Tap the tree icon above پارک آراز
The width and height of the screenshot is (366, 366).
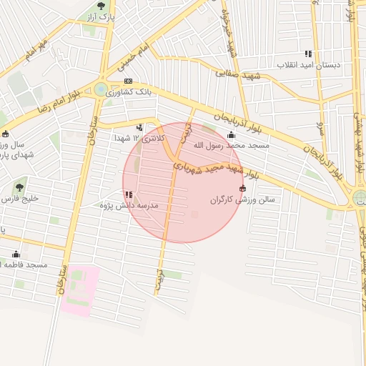pos(104,5)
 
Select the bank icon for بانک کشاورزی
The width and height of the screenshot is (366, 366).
pos(128,81)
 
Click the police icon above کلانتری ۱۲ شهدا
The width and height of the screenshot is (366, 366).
pos(139,128)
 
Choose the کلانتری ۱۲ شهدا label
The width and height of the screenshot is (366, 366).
pos(140,137)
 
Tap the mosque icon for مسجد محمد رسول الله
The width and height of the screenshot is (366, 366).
pos(231,135)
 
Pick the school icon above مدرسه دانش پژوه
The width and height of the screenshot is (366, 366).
pos(128,194)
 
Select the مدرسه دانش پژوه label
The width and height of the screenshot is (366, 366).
pos(134,205)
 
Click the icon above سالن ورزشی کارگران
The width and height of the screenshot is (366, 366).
pos(242,189)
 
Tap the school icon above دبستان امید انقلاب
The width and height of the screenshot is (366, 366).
pos(308,54)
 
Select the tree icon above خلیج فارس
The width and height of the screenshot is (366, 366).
pos(19,188)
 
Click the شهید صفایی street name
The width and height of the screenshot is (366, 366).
pos(239,74)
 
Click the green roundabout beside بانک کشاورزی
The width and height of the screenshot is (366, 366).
pos(101,89)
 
